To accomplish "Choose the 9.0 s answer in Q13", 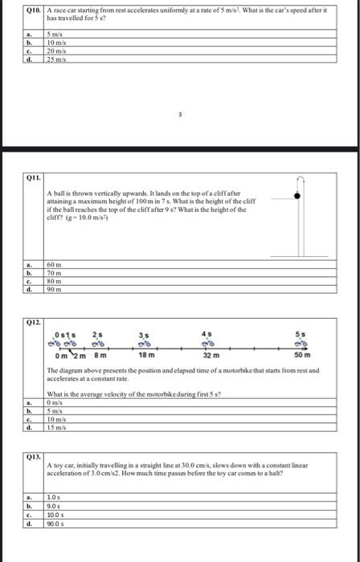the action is [53, 506].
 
